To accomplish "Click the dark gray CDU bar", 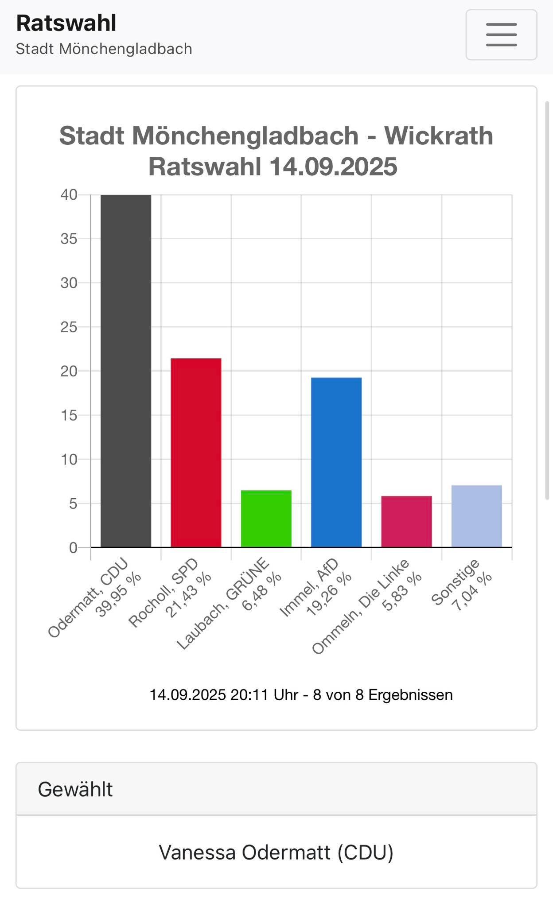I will [126, 371].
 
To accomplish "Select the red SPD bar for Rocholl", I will [196, 453].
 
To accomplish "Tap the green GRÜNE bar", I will [266, 519].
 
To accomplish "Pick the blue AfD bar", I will [336, 462].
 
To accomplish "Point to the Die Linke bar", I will [406, 521].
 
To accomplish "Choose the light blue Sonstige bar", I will [476, 516].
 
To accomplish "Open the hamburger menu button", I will [501, 35].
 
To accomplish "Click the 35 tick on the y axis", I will [69, 239].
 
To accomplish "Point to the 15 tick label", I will [69, 415].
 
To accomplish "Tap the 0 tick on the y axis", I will [73, 548].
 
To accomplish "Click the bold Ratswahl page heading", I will [66, 23].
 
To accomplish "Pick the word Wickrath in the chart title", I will [438, 136].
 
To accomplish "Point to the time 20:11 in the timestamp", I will [249, 695].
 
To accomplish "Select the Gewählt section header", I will [75, 789].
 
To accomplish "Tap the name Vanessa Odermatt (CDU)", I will [276, 852].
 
